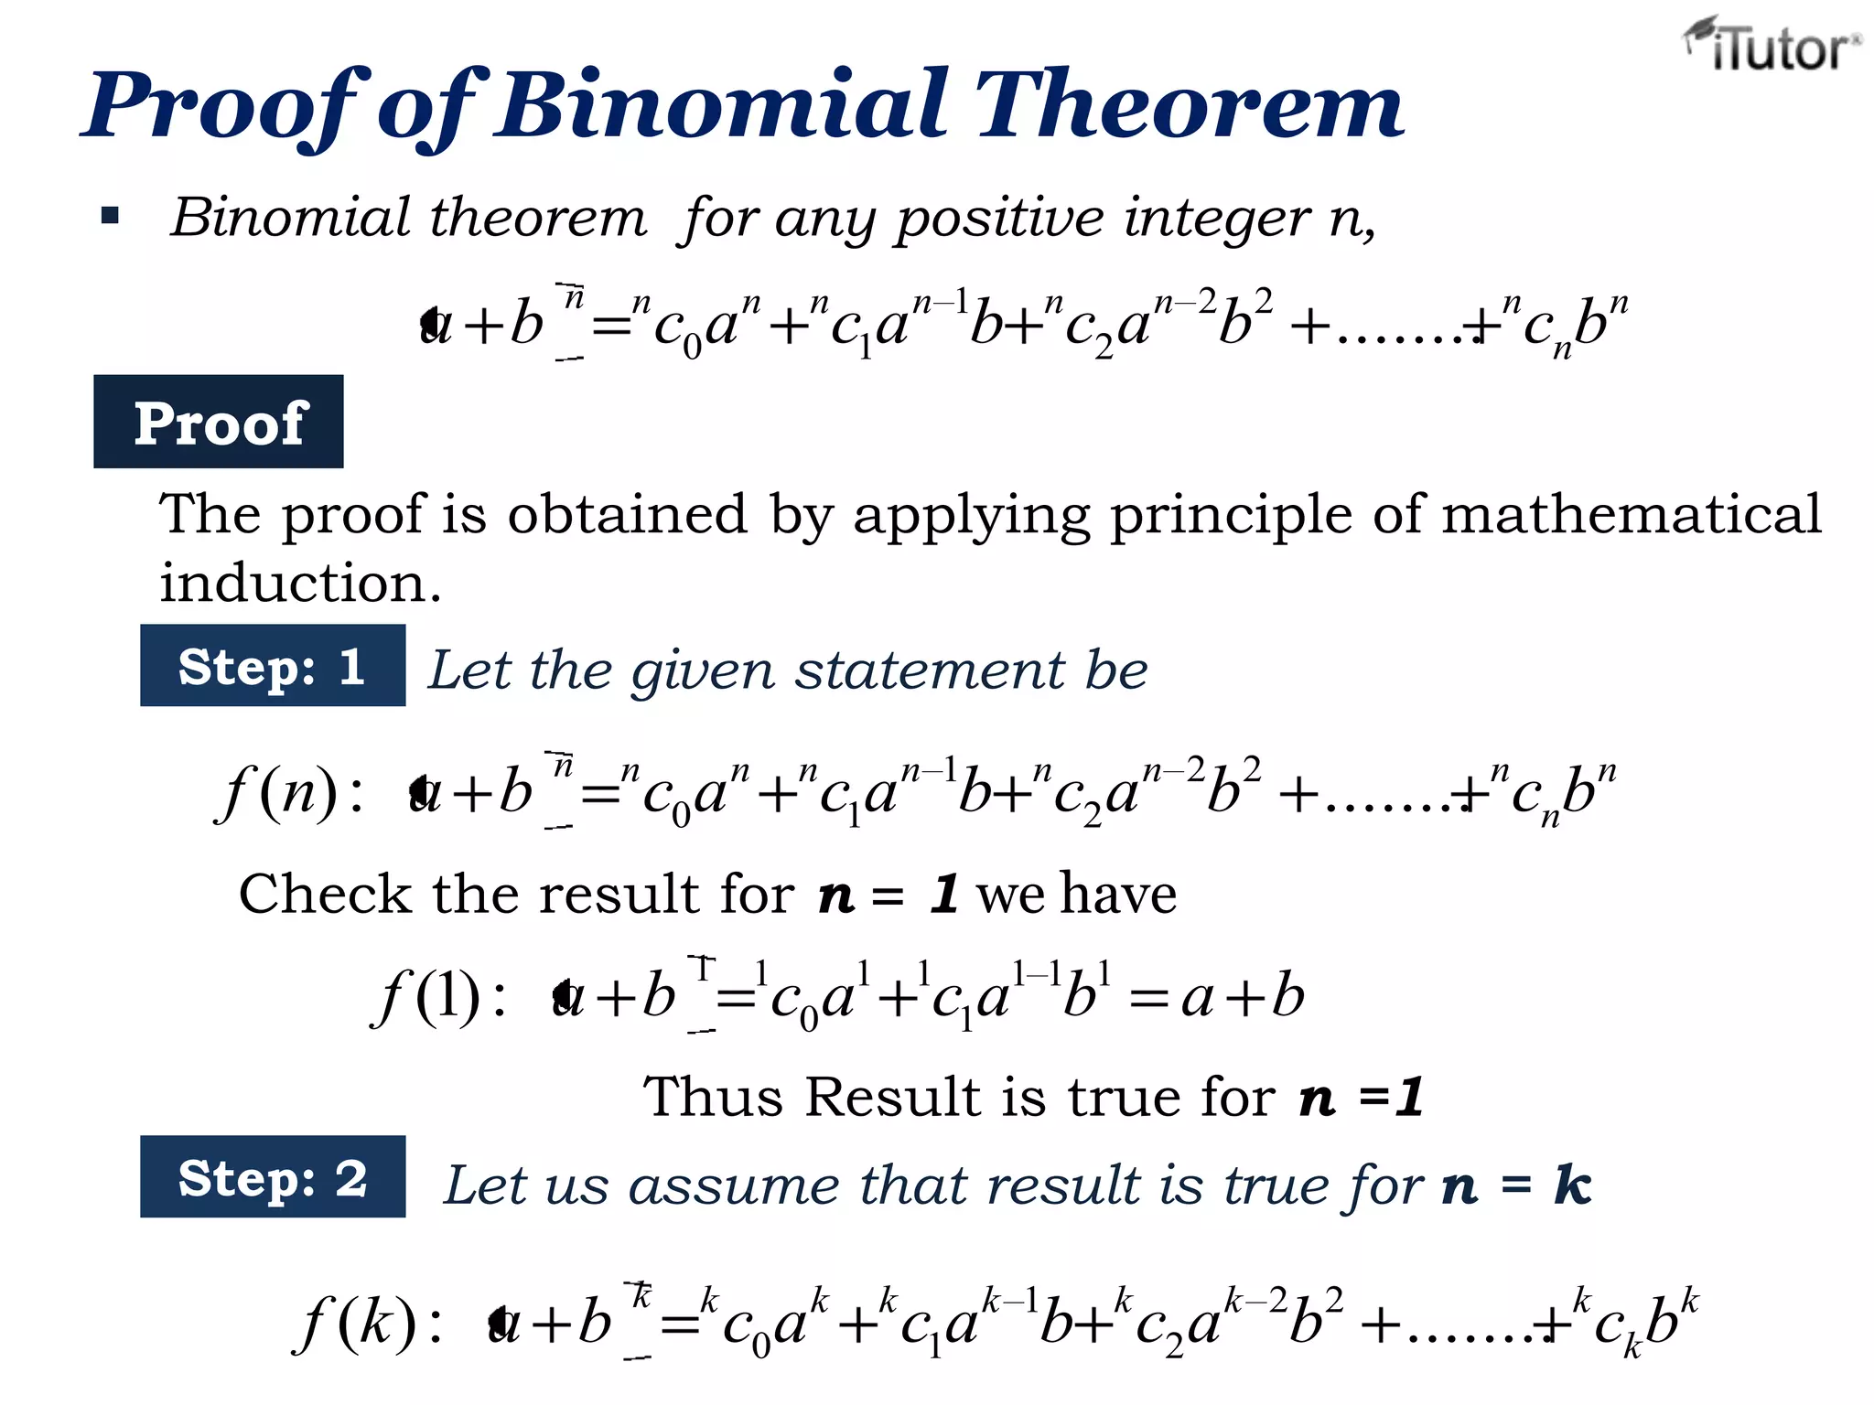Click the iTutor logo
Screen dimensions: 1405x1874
(x=1772, y=46)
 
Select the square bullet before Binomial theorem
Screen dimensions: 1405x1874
(x=111, y=217)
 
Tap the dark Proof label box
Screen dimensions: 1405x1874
(x=219, y=422)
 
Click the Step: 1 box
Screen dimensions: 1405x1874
(x=273, y=665)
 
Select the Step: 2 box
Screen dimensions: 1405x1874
(x=273, y=1176)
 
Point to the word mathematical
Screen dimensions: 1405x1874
(x=1631, y=514)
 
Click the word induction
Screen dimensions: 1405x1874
(x=300, y=583)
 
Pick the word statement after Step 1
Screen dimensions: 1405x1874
(x=930, y=670)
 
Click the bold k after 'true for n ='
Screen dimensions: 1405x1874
(x=1573, y=1185)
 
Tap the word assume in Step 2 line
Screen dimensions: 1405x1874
(x=734, y=1186)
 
